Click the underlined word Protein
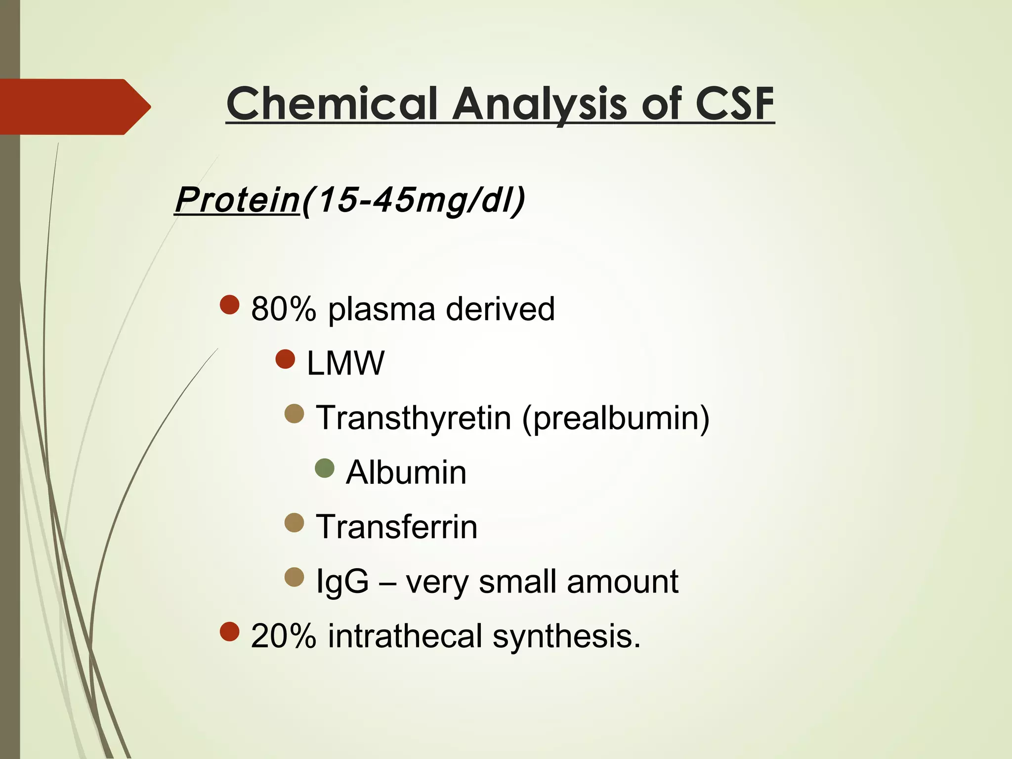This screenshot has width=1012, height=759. (237, 200)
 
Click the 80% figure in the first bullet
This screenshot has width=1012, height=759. (283, 309)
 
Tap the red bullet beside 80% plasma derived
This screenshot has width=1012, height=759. (230, 305)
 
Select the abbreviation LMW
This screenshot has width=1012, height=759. (345, 364)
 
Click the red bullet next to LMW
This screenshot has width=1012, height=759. (285, 359)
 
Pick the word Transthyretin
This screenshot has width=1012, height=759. (413, 418)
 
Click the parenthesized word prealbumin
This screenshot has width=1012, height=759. (615, 418)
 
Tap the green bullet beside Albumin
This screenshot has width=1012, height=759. (325, 468)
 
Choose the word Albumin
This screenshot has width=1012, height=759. (406, 473)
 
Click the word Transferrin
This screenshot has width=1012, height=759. (396, 527)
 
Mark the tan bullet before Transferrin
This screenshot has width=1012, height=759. (295, 523)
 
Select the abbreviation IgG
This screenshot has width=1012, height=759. (342, 582)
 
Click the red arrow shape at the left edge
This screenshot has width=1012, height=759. (74, 107)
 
